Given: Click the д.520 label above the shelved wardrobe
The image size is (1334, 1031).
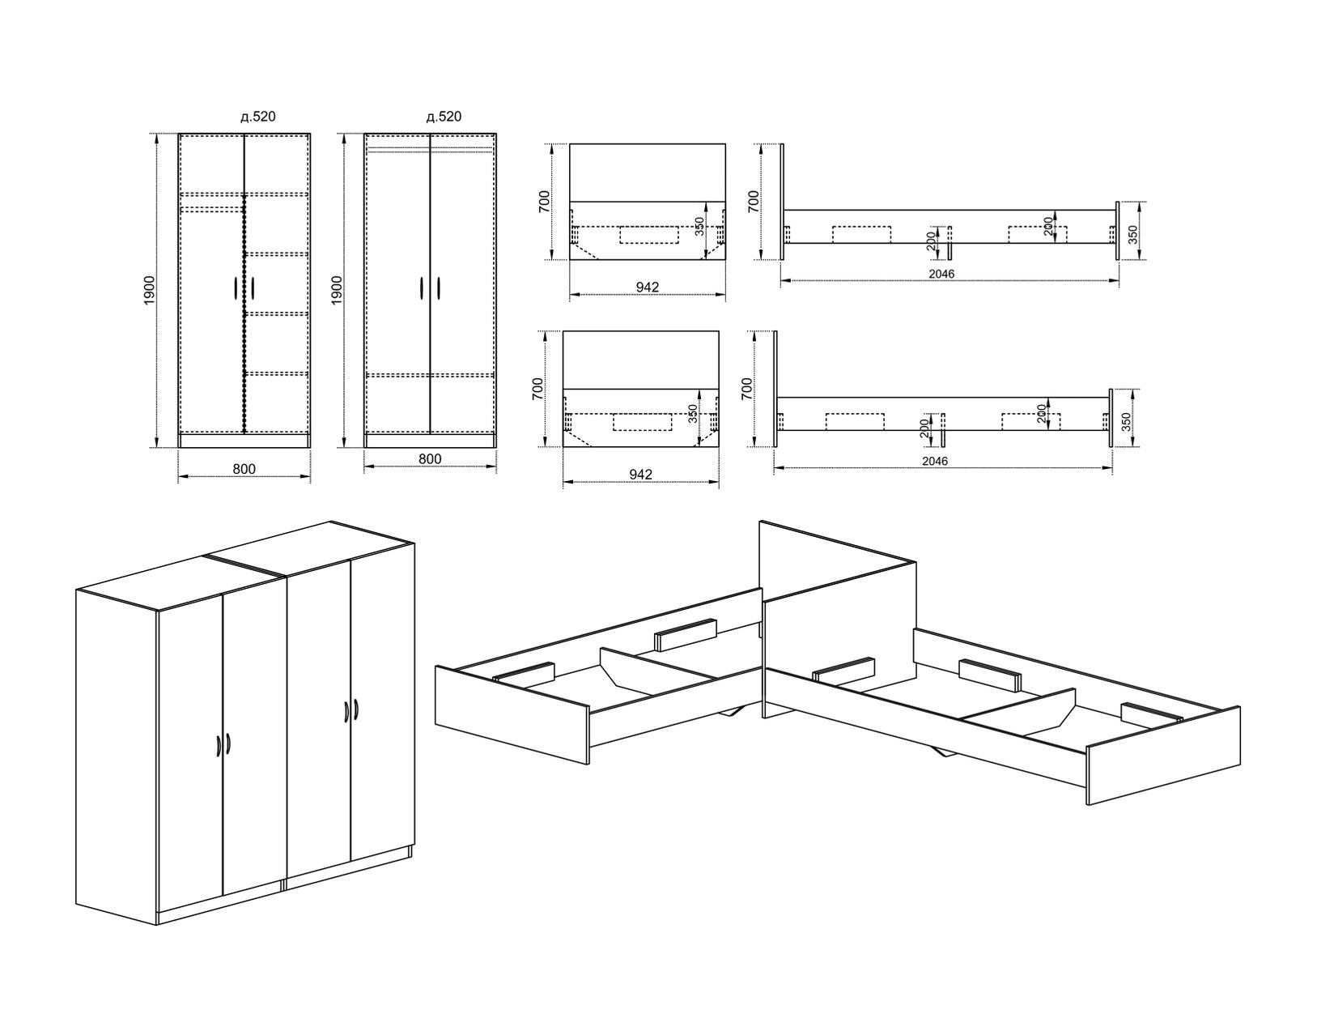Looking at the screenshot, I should click(x=258, y=117).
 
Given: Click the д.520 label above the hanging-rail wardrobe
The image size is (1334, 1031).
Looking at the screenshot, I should click(x=444, y=117).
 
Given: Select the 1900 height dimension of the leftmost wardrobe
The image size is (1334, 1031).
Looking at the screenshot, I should click(x=150, y=290).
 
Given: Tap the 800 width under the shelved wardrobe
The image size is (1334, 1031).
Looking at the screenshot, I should click(x=244, y=469).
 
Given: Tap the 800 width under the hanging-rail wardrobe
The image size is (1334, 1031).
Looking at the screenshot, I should click(x=430, y=459).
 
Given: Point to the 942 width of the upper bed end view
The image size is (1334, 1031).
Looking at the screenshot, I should click(x=647, y=288).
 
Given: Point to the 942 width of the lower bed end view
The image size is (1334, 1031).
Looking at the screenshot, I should click(x=640, y=475).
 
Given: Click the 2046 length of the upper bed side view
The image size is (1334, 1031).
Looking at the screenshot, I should click(x=941, y=274).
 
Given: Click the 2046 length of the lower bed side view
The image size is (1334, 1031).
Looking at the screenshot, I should click(x=935, y=461).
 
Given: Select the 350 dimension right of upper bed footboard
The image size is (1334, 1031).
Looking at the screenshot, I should click(x=1133, y=234).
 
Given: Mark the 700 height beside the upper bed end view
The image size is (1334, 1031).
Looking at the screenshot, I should click(x=545, y=201).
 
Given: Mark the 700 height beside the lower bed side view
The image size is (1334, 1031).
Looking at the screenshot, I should click(x=746, y=388).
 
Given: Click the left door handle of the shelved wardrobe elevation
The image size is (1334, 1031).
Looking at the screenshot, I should click(x=235, y=289).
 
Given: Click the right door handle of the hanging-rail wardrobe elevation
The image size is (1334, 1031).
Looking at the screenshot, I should click(x=439, y=289).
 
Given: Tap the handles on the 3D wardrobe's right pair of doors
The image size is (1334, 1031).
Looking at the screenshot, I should click(x=350, y=709).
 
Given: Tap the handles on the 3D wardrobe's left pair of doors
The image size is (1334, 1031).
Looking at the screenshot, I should click(x=223, y=746).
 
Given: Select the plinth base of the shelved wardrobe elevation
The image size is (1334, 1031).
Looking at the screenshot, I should click(x=244, y=440).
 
